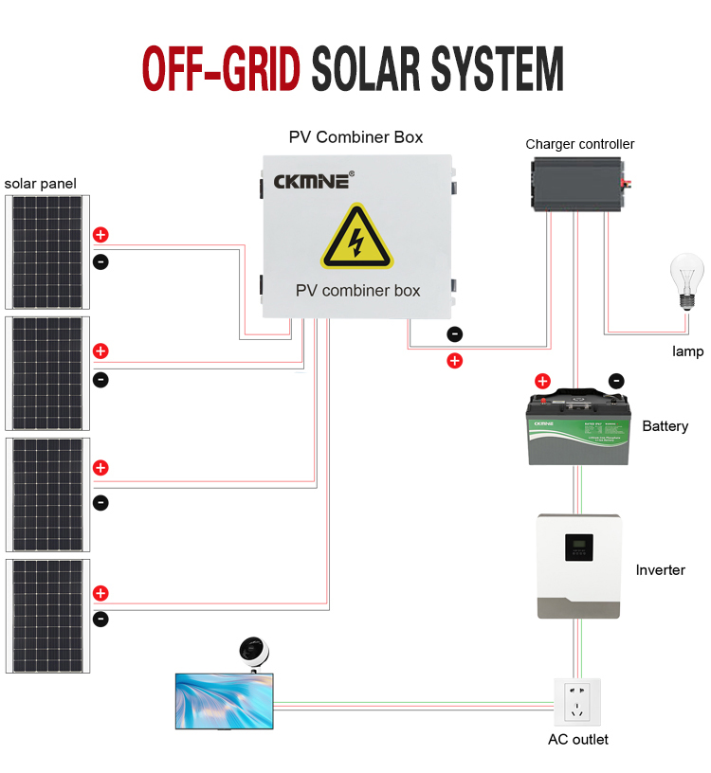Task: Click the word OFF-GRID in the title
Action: point(221,69)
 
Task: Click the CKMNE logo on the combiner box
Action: point(313,180)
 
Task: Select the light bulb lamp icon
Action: point(687,280)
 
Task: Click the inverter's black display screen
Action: point(578,547)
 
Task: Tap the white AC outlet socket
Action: point(577,702)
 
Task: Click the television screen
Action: point(225,701)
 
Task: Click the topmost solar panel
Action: point(46,252)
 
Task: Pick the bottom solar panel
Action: point(46,616)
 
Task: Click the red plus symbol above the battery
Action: point(542,382)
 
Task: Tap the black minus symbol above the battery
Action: point(615,381)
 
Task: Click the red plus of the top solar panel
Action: point(100,235)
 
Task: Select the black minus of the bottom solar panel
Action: point(100,620)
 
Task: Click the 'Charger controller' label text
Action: point(580,144)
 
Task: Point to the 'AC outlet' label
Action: point(578,739)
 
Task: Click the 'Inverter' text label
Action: point(660,569)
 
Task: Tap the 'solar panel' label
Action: point(40,183)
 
